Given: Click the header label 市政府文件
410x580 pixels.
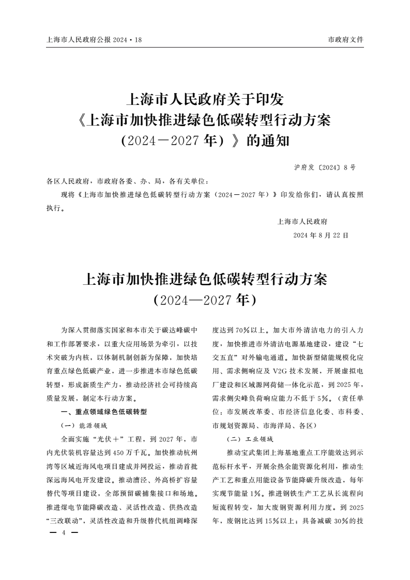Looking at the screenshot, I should [345, 40].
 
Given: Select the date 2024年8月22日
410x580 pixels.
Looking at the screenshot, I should [321, 235].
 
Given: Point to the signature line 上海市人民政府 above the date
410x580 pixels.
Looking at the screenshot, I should [302, 221].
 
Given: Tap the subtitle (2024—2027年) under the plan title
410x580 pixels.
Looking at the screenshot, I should [205, 300].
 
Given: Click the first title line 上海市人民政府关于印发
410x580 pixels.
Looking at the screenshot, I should [205, 98].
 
